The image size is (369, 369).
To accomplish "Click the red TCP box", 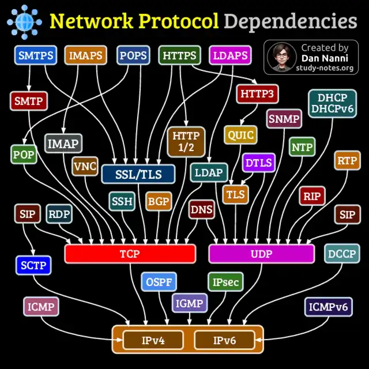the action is pyautogui.click(x=130, y=254).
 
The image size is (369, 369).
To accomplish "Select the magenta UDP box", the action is pyautogui.click(x=261, y=254).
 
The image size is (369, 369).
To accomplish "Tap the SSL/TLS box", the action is pyautogui.click(x=138, y=174).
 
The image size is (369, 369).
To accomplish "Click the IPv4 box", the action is pyautogui.click(x=153, y=340).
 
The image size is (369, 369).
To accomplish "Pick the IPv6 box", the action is pyautogui.click(x=224, y=340).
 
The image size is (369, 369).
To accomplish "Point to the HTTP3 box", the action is pyautogui.click(x=258, y=94).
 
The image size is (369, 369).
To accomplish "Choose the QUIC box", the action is pyautogui.click(x=240, y=135).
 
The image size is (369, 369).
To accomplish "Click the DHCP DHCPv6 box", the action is pyautogui.click(x=333, y=104).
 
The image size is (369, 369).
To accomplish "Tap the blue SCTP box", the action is pyautogui.click(x=33, y=265).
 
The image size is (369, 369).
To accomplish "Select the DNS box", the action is pyautogui.click(x=202, y=209).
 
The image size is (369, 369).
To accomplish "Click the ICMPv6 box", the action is pyautogui.click(x=328, y=307).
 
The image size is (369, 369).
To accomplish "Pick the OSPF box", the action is pyautogui.click(x=159, y=282).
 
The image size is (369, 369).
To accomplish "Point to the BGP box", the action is pyautogui.click(x=159, y=201).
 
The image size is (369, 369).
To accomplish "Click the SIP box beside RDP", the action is pyautogui.click(x=28, y=214).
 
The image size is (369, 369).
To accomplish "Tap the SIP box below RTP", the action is pyautogui.click(x=347, y=214).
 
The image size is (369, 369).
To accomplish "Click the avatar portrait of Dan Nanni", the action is pyautogui.click(x=282, y=57).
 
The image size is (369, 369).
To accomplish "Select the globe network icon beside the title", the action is pyautogui.click(x=24, y=22).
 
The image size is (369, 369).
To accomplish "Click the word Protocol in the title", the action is pyautogui.click(x=179, y=21).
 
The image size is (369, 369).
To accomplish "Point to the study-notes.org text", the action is pyautogui.click(x=325, y=68).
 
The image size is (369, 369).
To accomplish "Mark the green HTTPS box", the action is pyautogui.click(x=179, y=55).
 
